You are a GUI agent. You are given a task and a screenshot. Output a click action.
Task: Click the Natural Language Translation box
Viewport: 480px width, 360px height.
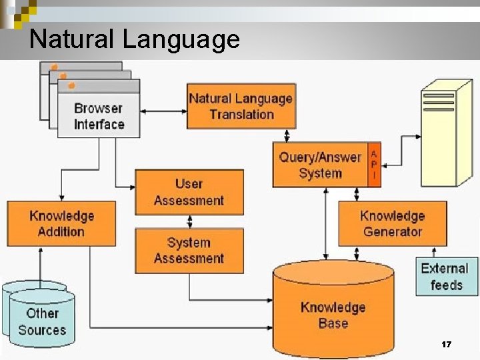click(x=241, y=106)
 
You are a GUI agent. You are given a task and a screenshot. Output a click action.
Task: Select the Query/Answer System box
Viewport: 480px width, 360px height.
click(x=320, y=165)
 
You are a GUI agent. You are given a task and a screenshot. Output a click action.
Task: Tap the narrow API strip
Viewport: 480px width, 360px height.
click(x=374, y=165)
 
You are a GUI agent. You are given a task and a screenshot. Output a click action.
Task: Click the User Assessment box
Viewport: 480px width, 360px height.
click(x=189, y=192)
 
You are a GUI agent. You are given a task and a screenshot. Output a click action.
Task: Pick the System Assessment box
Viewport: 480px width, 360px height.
click(x=189, y=251)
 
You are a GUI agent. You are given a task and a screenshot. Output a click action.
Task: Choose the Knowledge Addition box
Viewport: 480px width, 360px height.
click(x=61, y=223)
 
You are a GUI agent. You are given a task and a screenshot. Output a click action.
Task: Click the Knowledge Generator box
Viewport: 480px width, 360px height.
click(x=392, y=223)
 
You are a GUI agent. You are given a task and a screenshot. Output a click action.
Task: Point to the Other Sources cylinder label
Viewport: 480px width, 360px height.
click(x=42, y=321)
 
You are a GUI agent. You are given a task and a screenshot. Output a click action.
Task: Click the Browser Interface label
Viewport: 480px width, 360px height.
click(x=99, y=116)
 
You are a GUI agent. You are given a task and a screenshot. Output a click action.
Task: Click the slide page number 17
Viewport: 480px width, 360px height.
click(x=447, y=345)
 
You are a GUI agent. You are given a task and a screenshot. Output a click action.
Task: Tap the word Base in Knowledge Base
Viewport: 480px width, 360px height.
click(x=333, y=323)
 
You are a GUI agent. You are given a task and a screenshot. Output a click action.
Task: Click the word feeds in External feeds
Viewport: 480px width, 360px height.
click(x=446, y=285)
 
